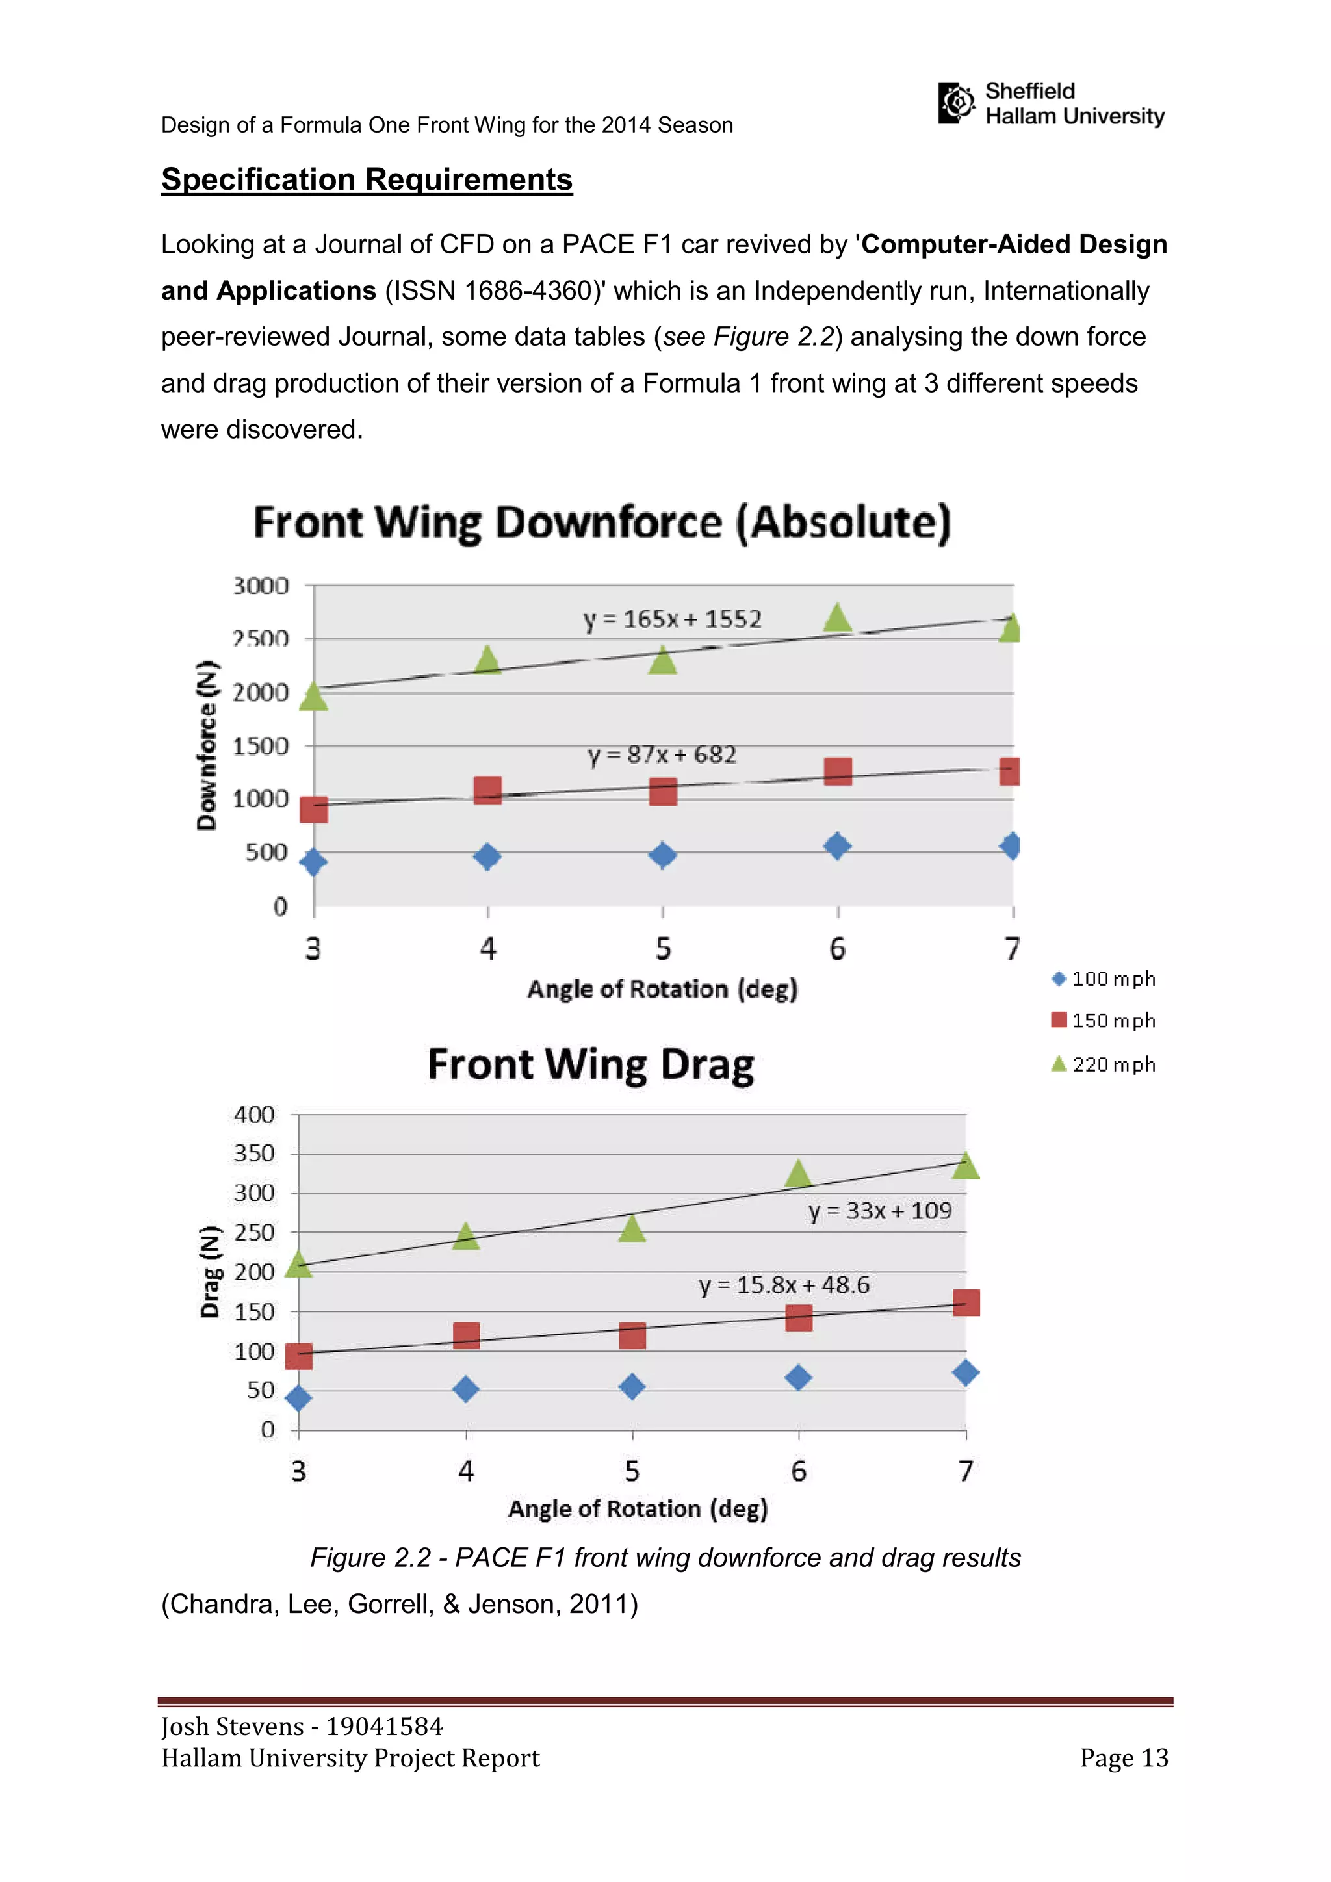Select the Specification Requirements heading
[x=367, y=179]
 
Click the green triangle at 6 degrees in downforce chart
[x=837, y=618]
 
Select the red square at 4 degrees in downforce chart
[x=487, y=791]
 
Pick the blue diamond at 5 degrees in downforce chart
[x=662, y=855]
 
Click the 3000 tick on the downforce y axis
[x=261, y=586]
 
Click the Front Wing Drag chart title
[x=590, y=1064]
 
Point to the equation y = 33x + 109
[x=879, y=1211]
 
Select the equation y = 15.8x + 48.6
[x=784, y=1284]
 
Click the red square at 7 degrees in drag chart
[x=966, y=1302]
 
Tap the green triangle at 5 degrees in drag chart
[x=632, y=1228]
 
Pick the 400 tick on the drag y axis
[x=254, y=1115]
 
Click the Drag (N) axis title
[x=211, y=1271]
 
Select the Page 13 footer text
[x=1124, y=1757]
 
